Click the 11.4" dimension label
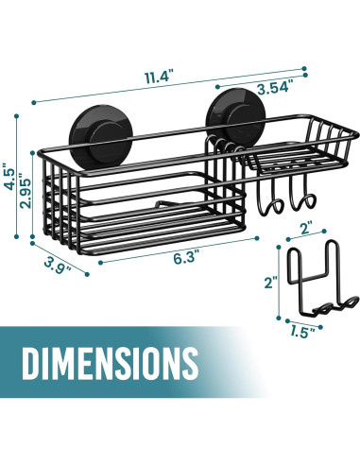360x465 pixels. point(160,77)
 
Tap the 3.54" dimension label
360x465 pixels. point(273,88)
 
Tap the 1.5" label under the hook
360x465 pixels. point(302,332)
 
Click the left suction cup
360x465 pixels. point(101,134)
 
